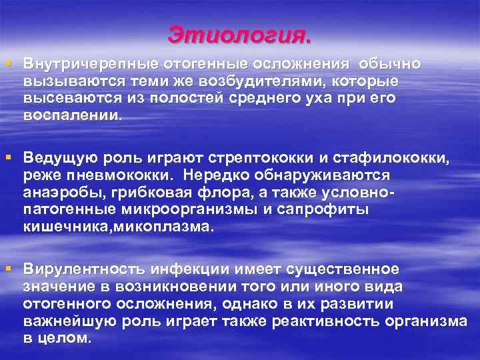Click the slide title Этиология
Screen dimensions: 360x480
(239, 34)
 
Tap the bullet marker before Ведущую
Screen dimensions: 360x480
(9, 157)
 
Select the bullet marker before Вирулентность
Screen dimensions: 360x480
(9, 269)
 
